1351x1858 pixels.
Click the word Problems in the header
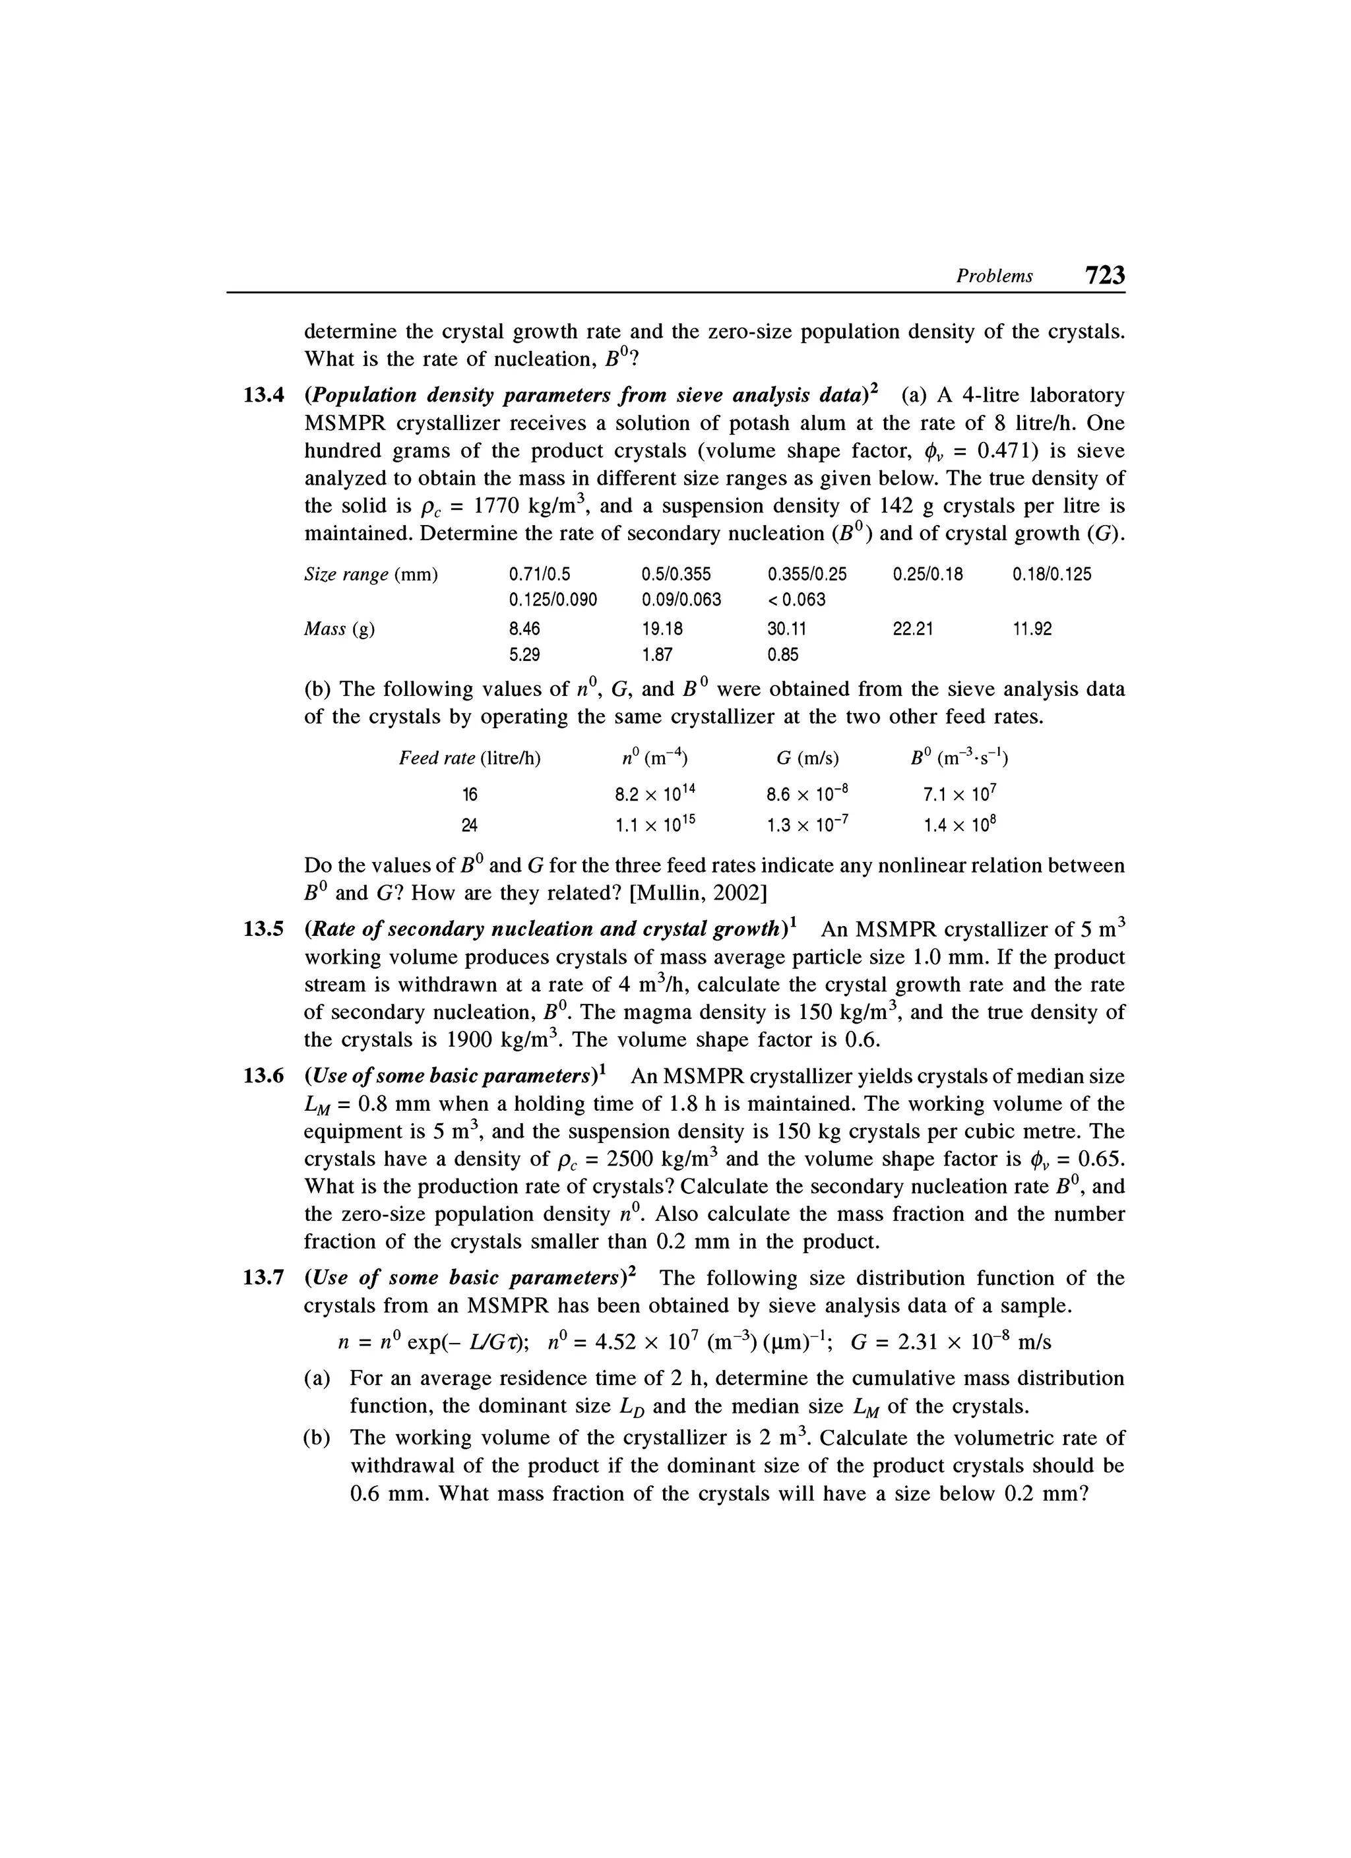click(x=995, y=277)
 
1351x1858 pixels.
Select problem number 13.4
click(x=264, y=396)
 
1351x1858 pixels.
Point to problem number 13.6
click(x=264, y=1076)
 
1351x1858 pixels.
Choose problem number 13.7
click(x=264, y=1278)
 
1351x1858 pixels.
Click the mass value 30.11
click(x=786, y=629)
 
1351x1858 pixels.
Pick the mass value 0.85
click(x=782, y=654)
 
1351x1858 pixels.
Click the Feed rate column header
click(x=470, y=759)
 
